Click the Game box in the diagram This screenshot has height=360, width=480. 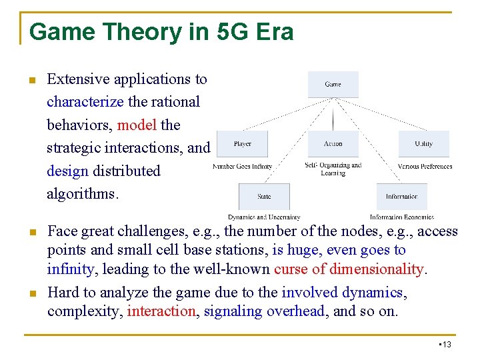333,85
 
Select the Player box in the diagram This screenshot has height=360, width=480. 243,144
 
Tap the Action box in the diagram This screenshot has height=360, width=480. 333,144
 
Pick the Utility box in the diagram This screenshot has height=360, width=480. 423,144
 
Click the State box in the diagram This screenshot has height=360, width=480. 264,197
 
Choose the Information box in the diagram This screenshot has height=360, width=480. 401,197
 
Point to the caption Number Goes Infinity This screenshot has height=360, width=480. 243,167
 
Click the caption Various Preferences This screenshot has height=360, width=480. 425,167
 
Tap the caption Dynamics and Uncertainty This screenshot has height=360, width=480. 264,217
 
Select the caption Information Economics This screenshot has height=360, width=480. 402,217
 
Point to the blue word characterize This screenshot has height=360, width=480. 85,102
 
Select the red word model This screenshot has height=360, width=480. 137,125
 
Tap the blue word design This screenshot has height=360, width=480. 67,171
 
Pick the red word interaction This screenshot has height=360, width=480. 163,311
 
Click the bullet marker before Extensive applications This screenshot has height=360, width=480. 31,81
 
